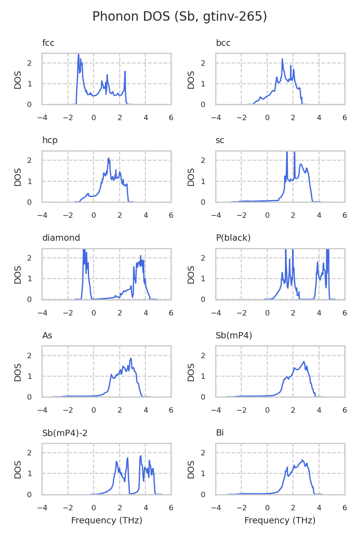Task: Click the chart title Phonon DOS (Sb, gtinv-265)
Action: click(x=180, y=17)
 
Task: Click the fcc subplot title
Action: click(x=48, y=43)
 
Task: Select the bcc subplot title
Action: click(x=223, y=43)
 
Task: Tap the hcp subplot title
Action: click(x=50, y=140)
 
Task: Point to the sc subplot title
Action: click(x=220, y=140)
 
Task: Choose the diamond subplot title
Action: click(x=61, y=238)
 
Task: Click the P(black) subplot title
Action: click(x=233, y=238)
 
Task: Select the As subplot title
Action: click(x=47, y=336)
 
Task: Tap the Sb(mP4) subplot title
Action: click(x=234, y=336)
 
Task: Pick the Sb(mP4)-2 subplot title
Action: click(x=65, y=433)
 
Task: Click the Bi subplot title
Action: click(x=220, y=433)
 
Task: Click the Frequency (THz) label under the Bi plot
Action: click(x=280, y=521)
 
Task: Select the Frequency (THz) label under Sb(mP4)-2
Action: click(x=107, y=521)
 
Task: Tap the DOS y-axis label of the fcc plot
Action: click(x=18, y=79)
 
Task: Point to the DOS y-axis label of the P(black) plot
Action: click(x=191, y=274)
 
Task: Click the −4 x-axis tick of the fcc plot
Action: click(x=42, y=118)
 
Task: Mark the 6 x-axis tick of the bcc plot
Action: click(x=345, y=118)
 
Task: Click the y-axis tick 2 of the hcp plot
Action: click(x=30, y=160)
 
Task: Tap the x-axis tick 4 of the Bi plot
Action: click(x=319, y=508)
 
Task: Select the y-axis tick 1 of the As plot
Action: click(x=30, y=376)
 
